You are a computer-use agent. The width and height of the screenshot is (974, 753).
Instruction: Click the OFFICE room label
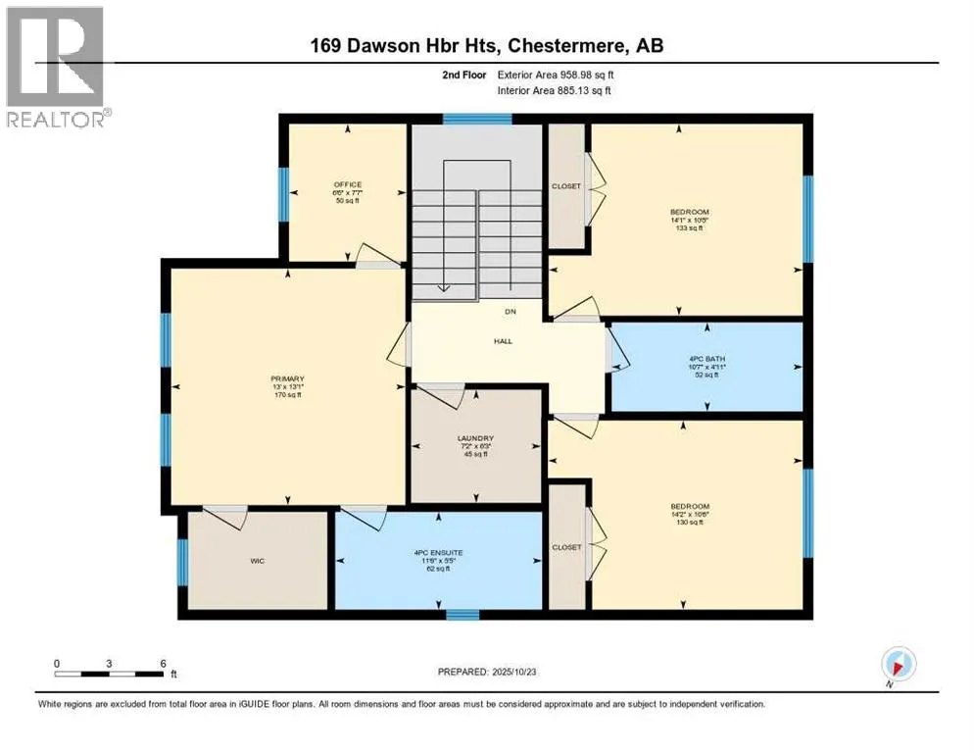(347, 184)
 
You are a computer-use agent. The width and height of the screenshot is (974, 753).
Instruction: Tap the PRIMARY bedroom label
(288, 378)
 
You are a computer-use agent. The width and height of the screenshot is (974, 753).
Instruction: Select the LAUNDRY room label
(475, 438)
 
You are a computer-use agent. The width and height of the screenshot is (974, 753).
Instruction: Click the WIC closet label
(258, 563)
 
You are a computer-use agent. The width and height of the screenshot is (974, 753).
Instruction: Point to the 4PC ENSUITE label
(438, 553)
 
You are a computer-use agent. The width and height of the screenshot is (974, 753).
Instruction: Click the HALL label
(504, 341)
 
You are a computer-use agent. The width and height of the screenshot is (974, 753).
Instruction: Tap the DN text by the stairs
(510, 313)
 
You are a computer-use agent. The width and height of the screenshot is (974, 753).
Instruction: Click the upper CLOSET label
(565, 186)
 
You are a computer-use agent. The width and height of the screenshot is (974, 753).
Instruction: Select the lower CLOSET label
(565, 547)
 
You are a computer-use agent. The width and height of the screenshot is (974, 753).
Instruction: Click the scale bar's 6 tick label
(163, 663)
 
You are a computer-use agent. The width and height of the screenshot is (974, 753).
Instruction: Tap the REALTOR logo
(58, 69)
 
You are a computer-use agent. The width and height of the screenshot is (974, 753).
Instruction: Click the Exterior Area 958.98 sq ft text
(561, 75)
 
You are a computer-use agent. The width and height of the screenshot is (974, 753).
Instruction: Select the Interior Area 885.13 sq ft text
(561, 91)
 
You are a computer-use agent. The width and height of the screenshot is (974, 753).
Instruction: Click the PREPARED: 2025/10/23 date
(487, 672)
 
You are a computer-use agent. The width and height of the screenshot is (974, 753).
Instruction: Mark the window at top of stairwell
(476, 120)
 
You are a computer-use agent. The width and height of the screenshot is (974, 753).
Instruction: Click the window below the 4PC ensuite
(463, 615)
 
